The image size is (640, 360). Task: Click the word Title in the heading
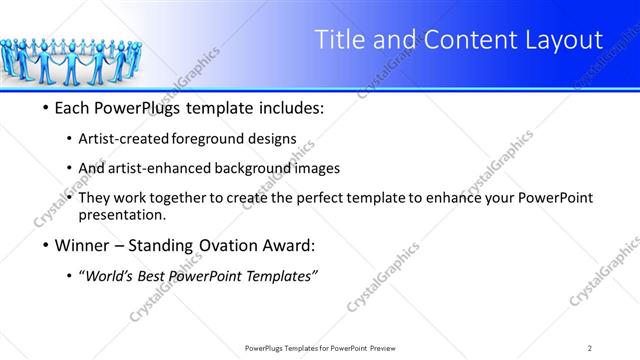(341, 41)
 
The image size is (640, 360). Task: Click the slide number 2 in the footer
(590, 347)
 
